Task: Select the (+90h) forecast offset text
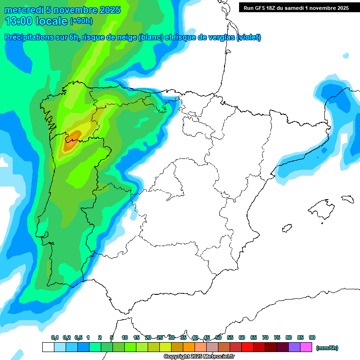click(82, 21)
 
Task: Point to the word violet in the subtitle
click(249, 37)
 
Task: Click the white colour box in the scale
click(48, 347)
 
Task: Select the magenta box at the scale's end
click(306, 347)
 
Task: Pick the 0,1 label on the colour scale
click(55, 337)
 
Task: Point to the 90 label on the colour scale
click(312, 337)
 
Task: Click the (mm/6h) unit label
click(327, 348)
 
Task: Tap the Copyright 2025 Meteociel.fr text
click(199, 356)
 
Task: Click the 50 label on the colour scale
click(218, 337)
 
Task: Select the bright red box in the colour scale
click(247, 347)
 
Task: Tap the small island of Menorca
click(347, 198)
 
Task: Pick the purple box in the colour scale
click(294, 347)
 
